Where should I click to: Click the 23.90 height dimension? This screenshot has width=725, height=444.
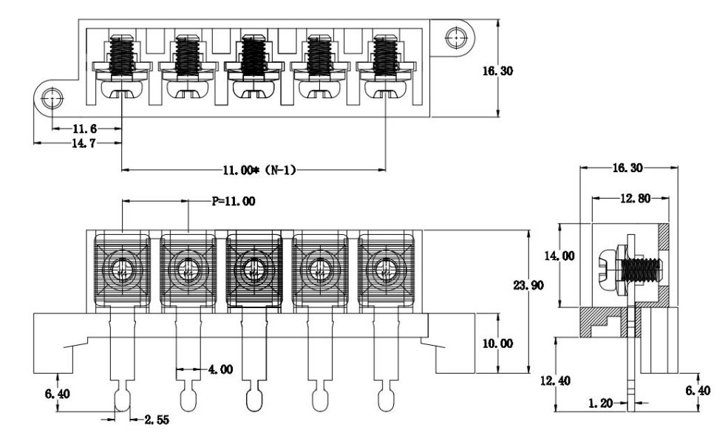[x=528, y=285]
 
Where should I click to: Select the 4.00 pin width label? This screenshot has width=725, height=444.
[x=218, y=369]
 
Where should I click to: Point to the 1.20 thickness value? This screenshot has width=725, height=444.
[x=600, y=404]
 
